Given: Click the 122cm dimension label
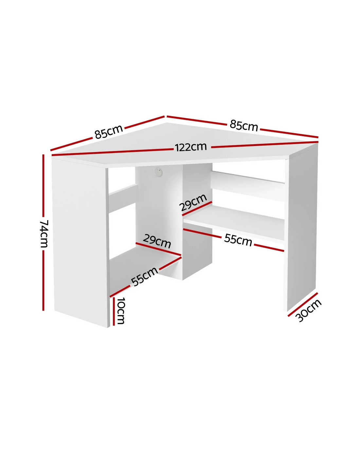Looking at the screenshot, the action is [191, 147].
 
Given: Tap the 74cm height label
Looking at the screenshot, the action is [45, 233].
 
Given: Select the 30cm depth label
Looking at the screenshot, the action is [308, 310].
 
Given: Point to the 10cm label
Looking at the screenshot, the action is [121, 311].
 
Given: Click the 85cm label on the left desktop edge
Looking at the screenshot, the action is [109, 132].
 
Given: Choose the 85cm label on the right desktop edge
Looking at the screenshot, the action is [244, 125].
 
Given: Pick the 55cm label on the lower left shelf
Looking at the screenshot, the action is [144, 277].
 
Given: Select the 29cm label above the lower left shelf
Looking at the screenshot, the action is [157, 241].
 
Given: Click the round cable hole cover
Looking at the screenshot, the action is [157, 171].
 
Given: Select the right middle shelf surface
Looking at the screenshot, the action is [234, 222].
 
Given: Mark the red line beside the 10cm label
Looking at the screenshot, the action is [114, 311].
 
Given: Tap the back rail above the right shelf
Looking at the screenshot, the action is [248, 186].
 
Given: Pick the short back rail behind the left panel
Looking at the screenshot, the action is [122, 198].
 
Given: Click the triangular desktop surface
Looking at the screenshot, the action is [184, 144].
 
